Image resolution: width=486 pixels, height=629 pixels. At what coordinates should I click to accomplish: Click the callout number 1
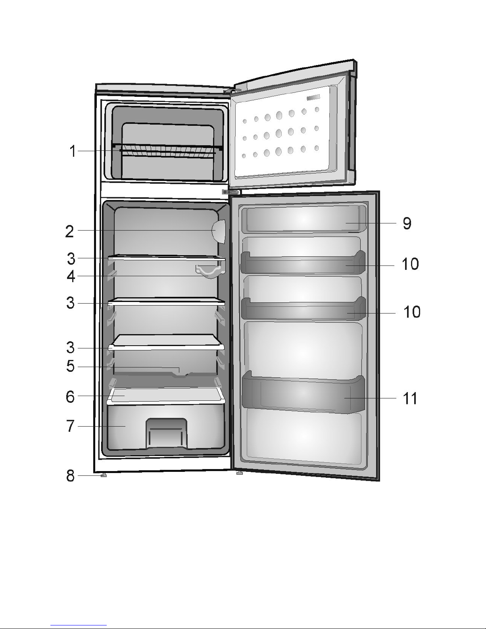coord(72,151)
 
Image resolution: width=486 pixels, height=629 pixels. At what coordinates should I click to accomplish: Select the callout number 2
coord(69,231)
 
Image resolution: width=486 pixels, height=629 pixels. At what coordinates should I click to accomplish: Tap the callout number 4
coord(71,276)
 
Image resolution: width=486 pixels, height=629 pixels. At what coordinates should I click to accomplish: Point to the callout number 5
coord(70,366)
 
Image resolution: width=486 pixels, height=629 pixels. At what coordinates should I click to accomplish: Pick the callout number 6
coord(70,396)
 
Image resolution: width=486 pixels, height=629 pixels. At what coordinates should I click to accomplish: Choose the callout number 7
coord(70,426)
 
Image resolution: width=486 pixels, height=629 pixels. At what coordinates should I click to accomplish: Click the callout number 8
coord(70,475)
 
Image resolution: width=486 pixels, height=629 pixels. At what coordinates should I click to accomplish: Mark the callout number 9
coord(407,223)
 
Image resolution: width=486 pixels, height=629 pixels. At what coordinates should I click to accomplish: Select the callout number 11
coord(410,398)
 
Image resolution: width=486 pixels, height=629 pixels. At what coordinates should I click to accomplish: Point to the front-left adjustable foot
coord(104,475)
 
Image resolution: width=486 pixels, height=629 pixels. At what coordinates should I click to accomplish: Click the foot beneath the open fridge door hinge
coord(239,473)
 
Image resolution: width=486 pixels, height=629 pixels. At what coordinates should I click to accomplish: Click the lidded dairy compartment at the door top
coord(304,219)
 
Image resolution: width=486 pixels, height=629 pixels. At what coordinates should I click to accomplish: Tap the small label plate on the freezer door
coord(313,98)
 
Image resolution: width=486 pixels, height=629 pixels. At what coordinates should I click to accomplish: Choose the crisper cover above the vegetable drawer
coord(166,396)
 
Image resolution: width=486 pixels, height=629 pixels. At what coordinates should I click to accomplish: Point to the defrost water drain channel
coord(181,372)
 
